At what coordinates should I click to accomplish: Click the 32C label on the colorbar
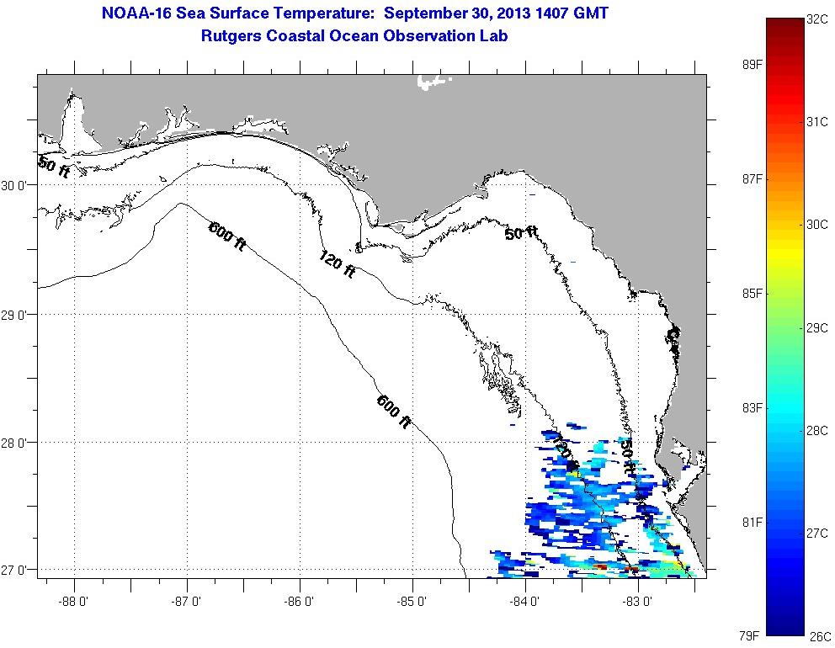point(817,19)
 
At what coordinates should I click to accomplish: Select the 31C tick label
point(817,122)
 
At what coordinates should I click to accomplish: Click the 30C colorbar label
point(817,225)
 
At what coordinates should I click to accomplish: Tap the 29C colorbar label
point(817,328)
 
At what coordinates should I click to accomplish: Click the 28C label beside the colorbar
point(817,431)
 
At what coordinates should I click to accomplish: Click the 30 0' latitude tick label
point(16,185)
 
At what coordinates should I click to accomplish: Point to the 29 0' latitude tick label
point(16,315)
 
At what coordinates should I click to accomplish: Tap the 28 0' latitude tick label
point(16,443)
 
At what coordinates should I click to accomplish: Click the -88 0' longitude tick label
point(74,602)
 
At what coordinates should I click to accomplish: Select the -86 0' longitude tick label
point(300,602)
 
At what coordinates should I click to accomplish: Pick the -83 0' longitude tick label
point(638,602)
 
